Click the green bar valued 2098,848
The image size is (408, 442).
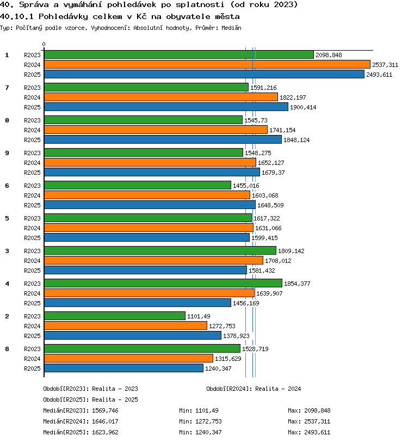[x=179, y=54]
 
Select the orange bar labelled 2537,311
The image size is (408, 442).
[x=207, y=65]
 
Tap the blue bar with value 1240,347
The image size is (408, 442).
[x=123, y=368]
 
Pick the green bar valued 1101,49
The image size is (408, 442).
[x=115, y=316]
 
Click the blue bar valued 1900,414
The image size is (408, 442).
[x=166, y=107]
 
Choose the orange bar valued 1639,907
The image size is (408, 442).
[x=150, y=293]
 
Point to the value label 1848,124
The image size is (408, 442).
[x=296, y=140]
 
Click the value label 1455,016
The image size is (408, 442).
[x=246, y=186]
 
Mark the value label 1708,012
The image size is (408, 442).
[x=278, y=261]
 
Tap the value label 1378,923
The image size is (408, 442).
[x=236, y=336]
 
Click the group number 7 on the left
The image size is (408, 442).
[x=7, y=88]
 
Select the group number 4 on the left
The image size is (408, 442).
[x=7, y=284]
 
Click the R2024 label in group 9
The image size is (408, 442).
[x=32, y=163]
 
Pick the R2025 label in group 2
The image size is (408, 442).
[x=32, y=336]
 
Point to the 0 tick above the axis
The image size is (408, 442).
[x=44, y=44]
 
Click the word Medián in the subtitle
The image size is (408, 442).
[x=231, y=28]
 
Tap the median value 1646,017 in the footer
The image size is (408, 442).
[x=105, y=421]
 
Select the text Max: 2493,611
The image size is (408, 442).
[x=309, y=432]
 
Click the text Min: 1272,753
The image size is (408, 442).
[x=200, y=421]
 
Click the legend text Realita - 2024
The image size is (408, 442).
[x=278, y=389]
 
